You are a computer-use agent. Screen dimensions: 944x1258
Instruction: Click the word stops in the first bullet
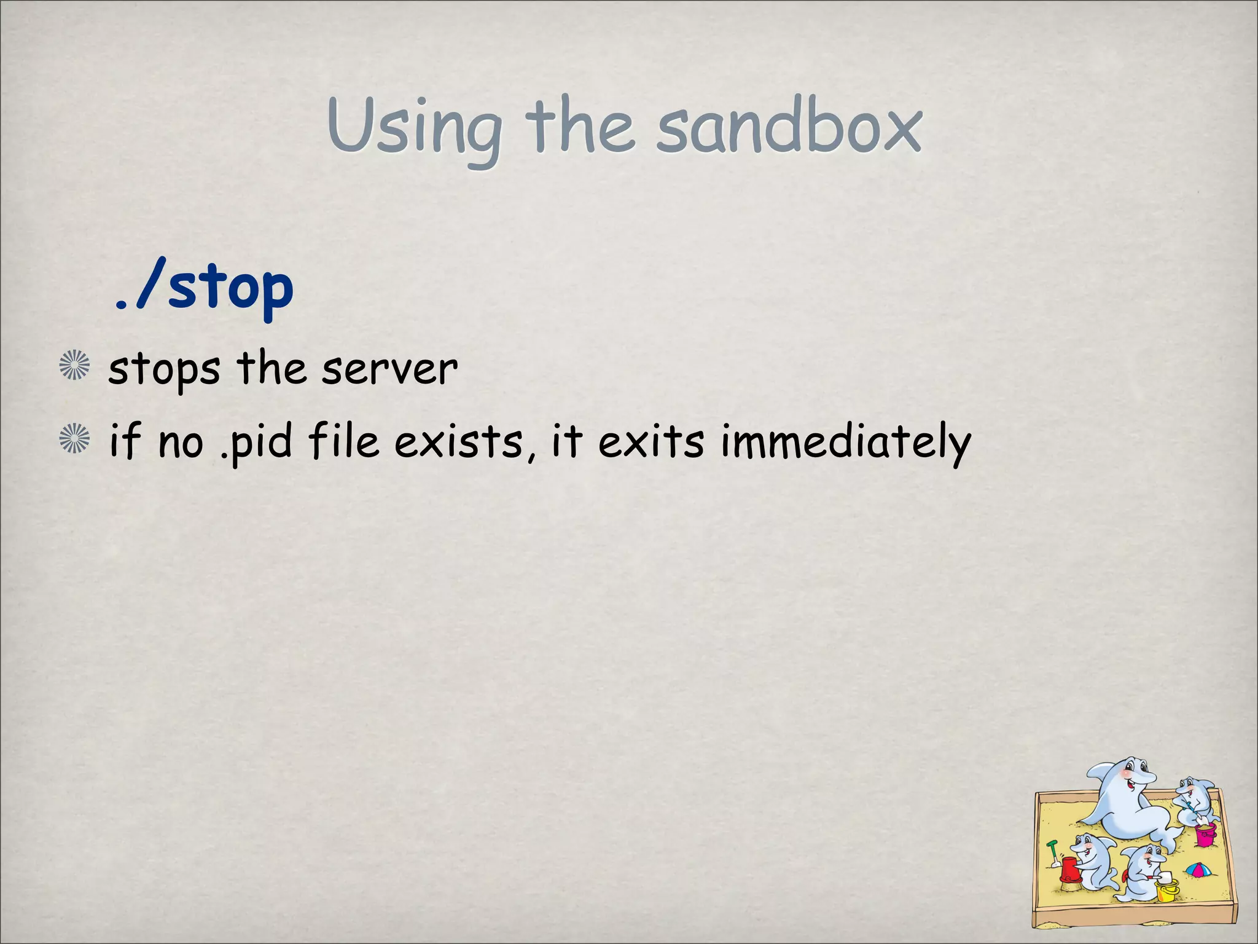tap(164, 370)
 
